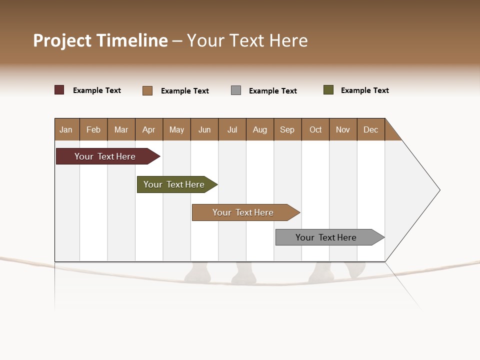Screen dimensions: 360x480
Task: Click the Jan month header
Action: (66, 129)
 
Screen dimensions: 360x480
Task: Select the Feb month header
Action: (93, 129)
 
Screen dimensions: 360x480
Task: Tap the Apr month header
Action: (149, 129)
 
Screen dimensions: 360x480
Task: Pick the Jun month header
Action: (204, 129)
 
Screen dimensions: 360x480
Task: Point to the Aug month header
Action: (260, 129)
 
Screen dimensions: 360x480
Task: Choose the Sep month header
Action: (287, 129)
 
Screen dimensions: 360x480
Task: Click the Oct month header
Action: (315, 129)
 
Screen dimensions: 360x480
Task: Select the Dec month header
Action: (371, 129)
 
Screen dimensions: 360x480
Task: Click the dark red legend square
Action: (59, 90)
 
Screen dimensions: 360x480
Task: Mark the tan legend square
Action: (147, 90)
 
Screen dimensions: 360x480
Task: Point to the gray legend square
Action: (236, 90)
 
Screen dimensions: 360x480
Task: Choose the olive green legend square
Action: (328, 90)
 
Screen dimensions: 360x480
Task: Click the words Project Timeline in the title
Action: (100, 40)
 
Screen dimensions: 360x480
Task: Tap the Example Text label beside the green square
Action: (364, 90)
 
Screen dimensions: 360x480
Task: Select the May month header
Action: (176, 129)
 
